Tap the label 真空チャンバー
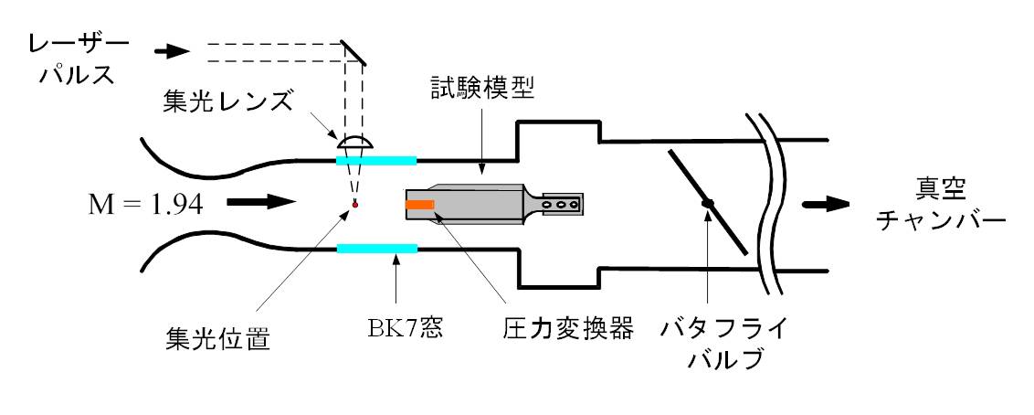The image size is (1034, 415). coord(940,207)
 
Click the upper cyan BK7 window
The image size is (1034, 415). coord(376,160)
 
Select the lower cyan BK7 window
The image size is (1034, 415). coord(376,248)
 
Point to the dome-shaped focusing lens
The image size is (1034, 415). coord(354,144)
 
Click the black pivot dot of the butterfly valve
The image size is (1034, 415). coord(706,203)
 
